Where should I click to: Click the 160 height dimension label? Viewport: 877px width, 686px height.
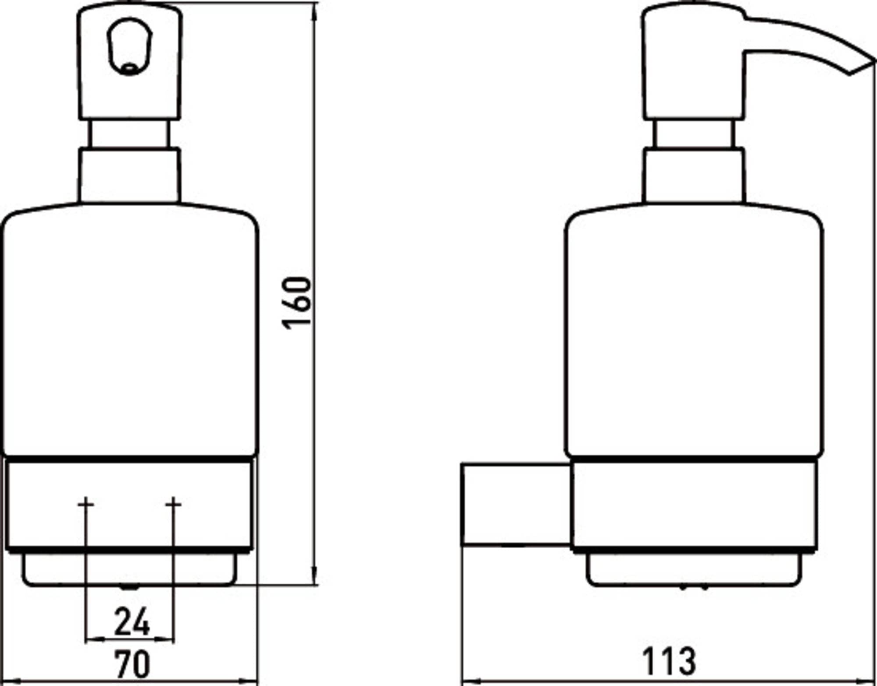(296, 302)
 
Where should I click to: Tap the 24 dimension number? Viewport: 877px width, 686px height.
(132, 622)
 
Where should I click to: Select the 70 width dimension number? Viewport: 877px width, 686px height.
(132, 664)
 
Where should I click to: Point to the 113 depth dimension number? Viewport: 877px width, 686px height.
(669, 661)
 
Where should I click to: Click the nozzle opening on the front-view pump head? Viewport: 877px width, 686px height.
(129, 68)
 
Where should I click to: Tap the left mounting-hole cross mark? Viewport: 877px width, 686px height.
(86, 504)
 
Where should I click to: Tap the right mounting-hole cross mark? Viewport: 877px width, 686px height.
(173, 504)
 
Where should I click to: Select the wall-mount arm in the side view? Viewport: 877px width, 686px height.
(517, 504)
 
